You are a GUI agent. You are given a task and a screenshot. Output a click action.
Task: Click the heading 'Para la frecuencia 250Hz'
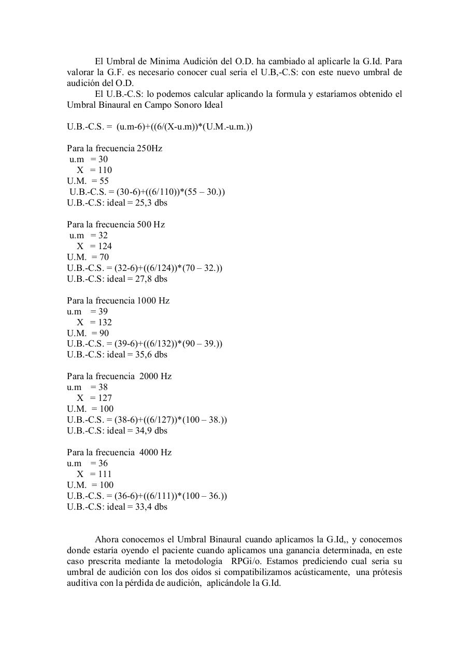pos(115,148)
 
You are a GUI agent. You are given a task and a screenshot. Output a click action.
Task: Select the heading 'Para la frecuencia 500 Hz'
pos(116,224)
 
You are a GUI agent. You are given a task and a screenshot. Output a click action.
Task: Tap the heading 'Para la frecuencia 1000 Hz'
pos(118,300)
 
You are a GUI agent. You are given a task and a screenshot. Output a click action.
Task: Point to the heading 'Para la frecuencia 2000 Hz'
pos(119,376)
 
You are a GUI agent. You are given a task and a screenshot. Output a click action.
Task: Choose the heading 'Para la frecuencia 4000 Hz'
pos(119,452)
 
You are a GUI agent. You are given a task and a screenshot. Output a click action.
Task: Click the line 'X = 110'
pos(94,170)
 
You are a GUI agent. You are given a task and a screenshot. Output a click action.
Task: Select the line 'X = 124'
pos(94,246)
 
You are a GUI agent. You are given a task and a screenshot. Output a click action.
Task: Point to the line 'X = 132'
pos(94,322)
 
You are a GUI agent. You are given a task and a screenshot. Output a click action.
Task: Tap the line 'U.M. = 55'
pos(88,181)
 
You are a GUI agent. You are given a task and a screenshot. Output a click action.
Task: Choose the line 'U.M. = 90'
pos(88,333)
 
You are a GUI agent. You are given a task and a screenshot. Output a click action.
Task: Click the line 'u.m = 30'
pos(89,159)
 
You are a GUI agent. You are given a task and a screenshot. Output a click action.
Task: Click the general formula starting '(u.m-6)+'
pos(184,126)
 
